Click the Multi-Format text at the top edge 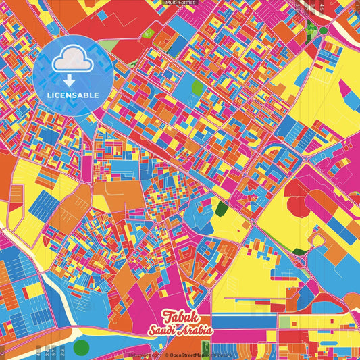point(180,3)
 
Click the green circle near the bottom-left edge point(81,348)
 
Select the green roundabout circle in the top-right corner point(324,30)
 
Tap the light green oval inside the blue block point(197,87)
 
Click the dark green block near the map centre point(221,209)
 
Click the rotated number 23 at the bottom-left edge point(62,352)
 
